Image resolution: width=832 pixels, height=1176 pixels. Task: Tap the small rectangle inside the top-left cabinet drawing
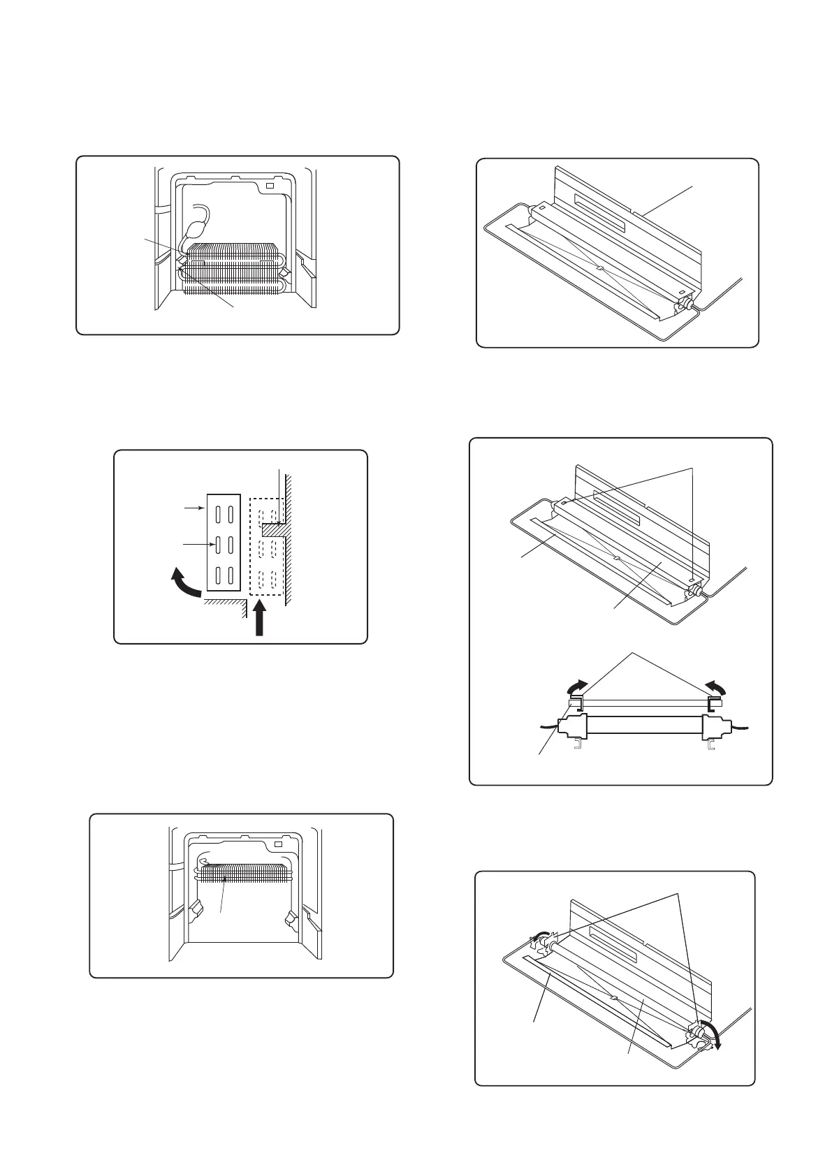[x=270, y=186]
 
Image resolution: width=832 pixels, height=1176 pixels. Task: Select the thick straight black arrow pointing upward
[x=259, y=619]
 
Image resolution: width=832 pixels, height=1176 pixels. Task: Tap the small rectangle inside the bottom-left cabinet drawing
[x=279, y=844]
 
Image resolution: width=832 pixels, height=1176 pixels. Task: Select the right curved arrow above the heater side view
[x=717, y=688]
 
